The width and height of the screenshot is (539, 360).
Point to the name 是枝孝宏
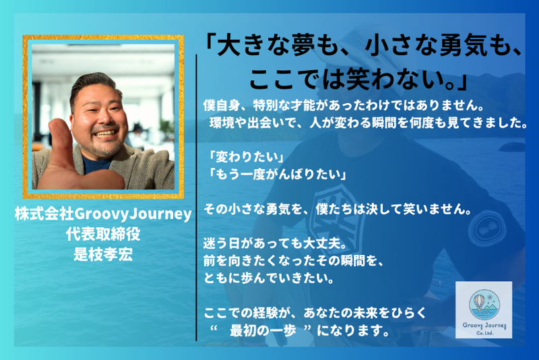[103, 254]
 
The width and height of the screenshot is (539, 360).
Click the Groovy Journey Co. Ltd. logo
[483, 309]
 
